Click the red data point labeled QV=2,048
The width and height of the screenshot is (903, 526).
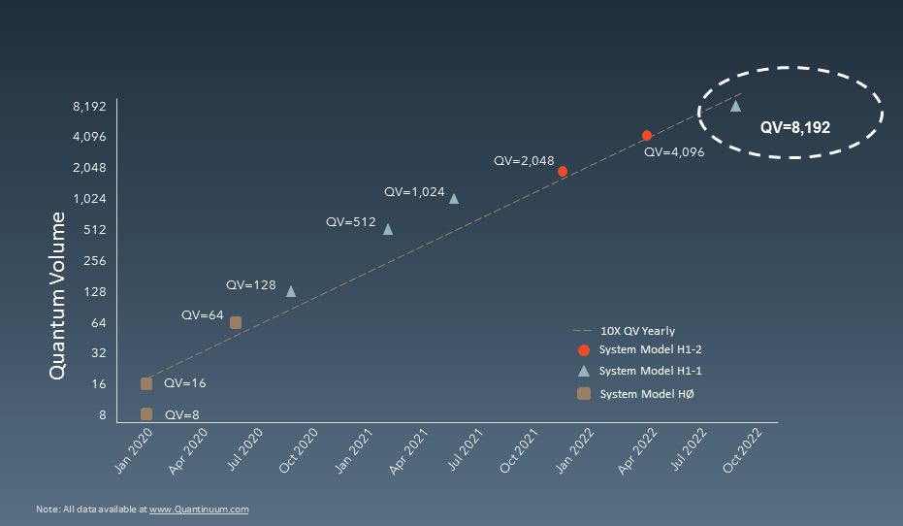click(563, 171)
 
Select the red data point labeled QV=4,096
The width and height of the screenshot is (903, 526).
click(647, 136)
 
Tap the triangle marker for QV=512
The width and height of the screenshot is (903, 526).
click(388, 229)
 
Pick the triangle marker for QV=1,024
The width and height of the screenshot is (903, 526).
click(454, 198)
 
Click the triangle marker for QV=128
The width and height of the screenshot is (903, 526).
click(291, 290)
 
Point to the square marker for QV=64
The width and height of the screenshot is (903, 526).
click(236, 322)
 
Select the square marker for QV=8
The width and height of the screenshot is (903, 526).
click(146, 413)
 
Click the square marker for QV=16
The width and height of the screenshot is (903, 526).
click(146, 383)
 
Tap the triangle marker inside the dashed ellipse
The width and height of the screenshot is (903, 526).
click(735, 106)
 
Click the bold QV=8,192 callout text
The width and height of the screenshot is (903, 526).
click(795, 126)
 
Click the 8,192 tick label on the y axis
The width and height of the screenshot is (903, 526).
click(88, 105)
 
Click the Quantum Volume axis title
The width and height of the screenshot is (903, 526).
click(57, 295)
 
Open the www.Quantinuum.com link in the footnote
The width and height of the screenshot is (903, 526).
click(199, 509)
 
